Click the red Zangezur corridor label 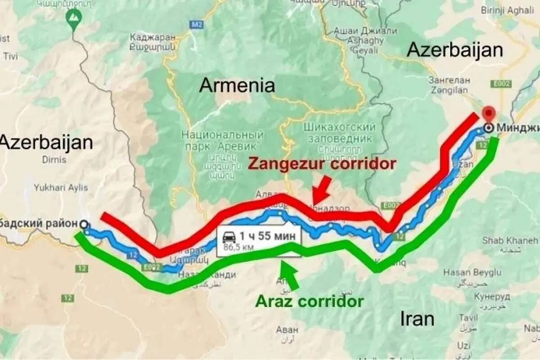tap(322, 163)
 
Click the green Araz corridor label tap(309, 301)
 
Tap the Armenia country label tap(237, 85)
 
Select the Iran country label tap(417, 319)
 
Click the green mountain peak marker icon tap(72, 18)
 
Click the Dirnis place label tap(54, 159)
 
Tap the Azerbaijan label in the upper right tap(454, 50)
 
